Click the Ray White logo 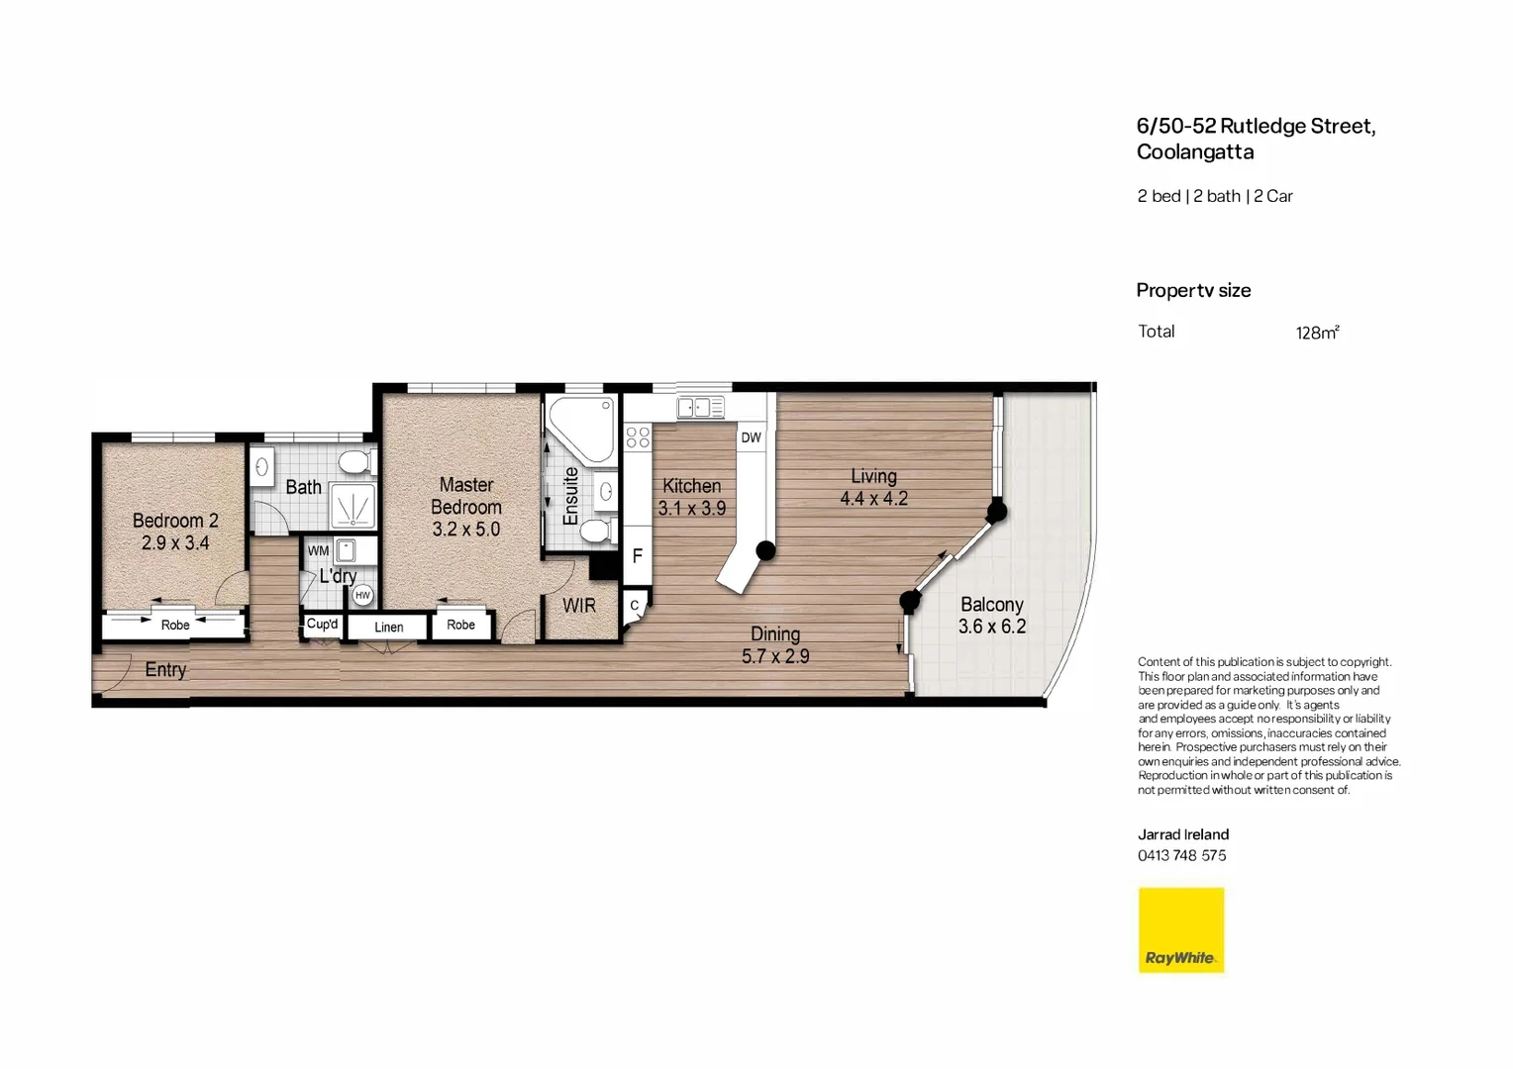(x=1180, y=930)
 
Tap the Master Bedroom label (x=466, y=496)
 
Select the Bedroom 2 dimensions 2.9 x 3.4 (x=175, y=543)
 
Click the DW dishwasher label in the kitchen (x=751, y=437)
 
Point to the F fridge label (x=637, y=556)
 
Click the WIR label (x=579, y=605)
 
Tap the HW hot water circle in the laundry (x=362, y=595)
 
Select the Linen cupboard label (x=388, y=627)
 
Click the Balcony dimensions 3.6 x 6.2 (x=991, y=627)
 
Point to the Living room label (x=873, y=476)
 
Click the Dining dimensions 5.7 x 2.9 (x=775, y=656)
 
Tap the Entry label (x=165, y=670)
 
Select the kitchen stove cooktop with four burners (x=638, y=437)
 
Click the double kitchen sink (x=700, y=407)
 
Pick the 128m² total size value (x=1316, y=333)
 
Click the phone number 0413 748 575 (x=1181, y=855)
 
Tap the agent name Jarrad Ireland (x=1182, y=834)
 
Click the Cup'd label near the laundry (x=322, y=625)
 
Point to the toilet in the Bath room (x=353, y=462)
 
